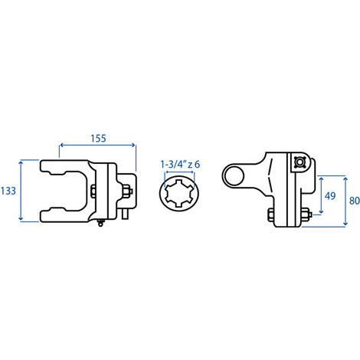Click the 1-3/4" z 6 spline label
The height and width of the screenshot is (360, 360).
(x=180, y=164)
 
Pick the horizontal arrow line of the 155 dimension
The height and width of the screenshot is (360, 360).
(x=98, y=146)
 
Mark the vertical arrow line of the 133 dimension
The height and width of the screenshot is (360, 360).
(x=21, y=190)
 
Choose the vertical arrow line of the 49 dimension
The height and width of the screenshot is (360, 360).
(x=320, y=195)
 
